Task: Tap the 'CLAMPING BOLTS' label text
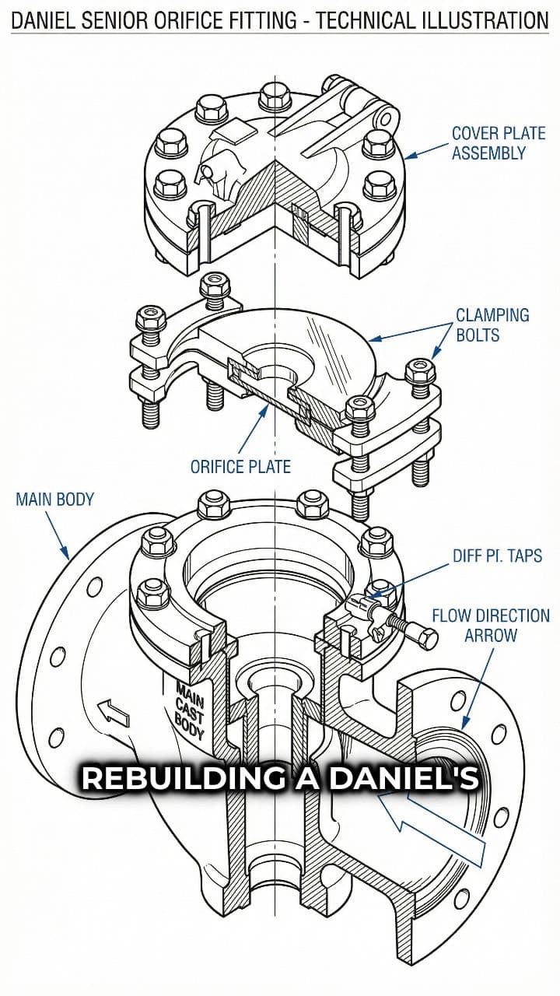pos(492,325)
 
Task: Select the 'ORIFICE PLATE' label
pos(240,467)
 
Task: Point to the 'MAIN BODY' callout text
pos(54,499)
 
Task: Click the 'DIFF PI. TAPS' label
pos(497,556)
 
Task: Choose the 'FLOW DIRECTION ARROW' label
pos(490,625)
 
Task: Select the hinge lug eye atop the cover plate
pos(383,118)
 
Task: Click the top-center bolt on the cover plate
pos(275,96)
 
